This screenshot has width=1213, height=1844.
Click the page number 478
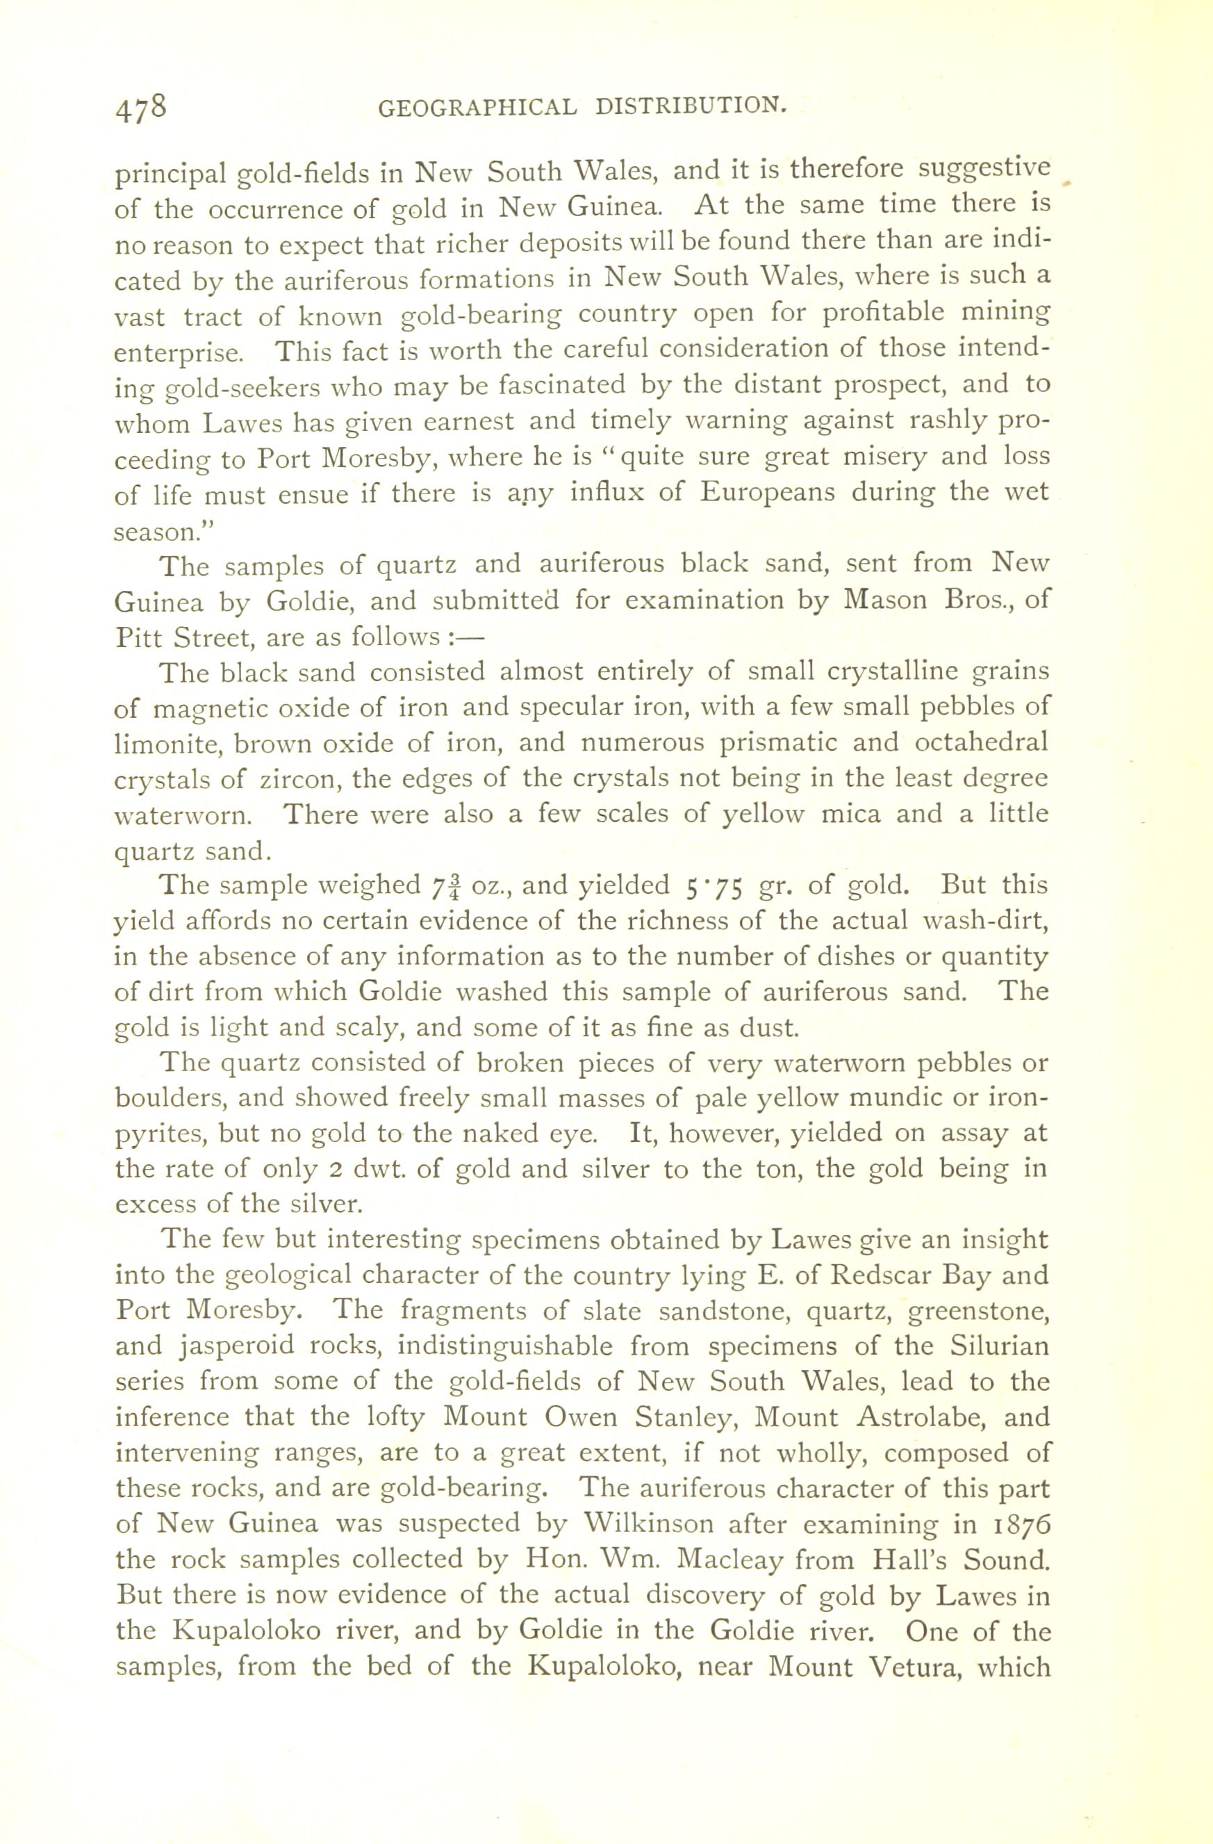[x=141, y=106]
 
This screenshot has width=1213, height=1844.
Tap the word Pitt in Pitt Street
[x=138, y=637]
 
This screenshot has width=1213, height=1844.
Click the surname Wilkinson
[x=651, y=1524]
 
